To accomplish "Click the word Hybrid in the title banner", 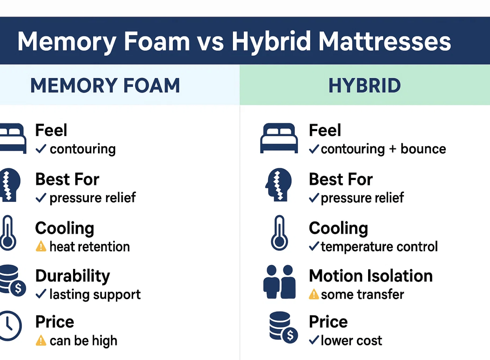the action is coord(271,42).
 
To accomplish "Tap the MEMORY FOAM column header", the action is coord(105,85).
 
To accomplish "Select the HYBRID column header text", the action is coord(365,85).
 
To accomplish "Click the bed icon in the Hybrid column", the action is coord(279,138).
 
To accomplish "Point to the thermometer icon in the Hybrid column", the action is coord(279,233).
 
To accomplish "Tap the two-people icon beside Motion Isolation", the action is coord(279,282).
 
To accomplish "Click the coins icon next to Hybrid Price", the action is coord(283,327).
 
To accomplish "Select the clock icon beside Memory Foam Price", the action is coord(10,326).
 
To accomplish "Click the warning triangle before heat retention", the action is coord(41,246).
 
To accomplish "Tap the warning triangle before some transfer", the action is coord(314,294).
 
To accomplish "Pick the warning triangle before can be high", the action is coord(41,340).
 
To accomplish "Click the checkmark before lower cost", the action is coord(314,340).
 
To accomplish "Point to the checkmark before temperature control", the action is coord(314,246).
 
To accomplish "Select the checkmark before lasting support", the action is coord(41,294).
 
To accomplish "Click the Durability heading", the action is coord(73,276).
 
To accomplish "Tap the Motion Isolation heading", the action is coord(371,276).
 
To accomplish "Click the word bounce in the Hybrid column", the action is coord(423,149).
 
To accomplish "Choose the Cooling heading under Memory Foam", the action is coord(64,228).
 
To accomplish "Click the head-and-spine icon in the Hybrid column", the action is coord(278,185).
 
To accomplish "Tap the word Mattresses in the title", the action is coord(385,42).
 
